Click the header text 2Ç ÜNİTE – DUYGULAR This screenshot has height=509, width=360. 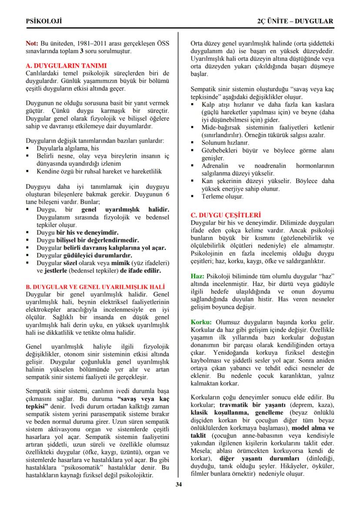(295, 21)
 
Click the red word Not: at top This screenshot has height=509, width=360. (32, 44)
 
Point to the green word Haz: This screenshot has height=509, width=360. (198, 276)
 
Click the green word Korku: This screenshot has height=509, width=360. (201, 322)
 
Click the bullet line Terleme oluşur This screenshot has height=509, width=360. (222, 196)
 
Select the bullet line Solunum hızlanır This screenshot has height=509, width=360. (225, 143)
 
